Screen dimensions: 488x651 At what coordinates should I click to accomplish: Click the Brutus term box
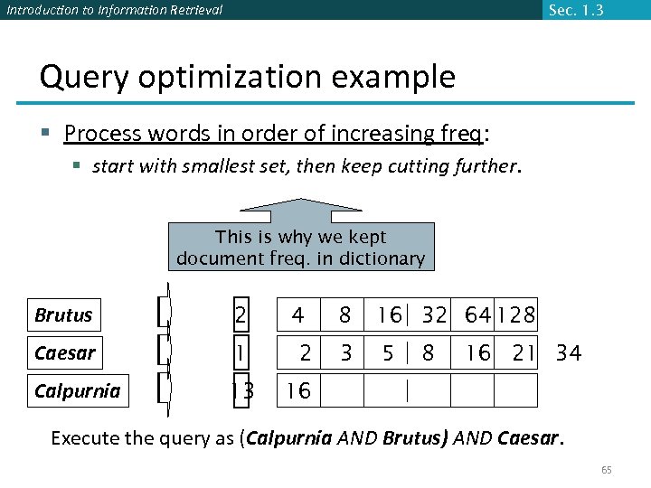(x=78, y=315)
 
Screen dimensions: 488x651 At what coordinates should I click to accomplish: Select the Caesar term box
(x=78, y=352)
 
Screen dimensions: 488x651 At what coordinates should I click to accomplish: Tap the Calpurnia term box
(x=78, y=390)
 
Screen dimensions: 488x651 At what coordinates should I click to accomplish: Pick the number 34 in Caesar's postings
(x=569, y=352)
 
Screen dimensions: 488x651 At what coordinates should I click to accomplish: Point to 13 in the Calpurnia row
(x=241, y=390)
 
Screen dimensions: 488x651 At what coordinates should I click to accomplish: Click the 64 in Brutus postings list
(x=477, y=315)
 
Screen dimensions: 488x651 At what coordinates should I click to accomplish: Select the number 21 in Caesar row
(x=524, y=352)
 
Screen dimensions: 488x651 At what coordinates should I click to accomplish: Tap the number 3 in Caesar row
(x=345, y=352)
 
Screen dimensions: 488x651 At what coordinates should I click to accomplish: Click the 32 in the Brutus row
(x=434, y=315)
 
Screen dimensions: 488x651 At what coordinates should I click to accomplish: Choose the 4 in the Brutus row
(x=297, y=315)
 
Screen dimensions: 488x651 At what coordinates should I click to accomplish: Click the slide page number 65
(x=607, y=470)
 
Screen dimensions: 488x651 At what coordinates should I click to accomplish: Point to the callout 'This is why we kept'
(x=300, y=237)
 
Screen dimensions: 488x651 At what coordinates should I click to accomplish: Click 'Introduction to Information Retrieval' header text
(x=113, y=10)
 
